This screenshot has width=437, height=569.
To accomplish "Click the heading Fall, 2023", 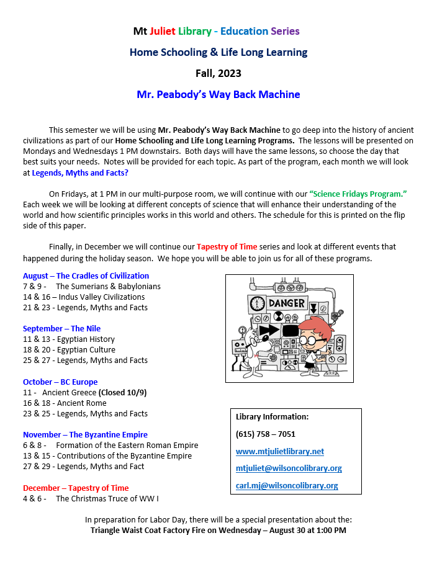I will tap(218, 73).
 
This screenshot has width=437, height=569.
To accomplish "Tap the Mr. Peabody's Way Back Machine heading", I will tap(218, 95).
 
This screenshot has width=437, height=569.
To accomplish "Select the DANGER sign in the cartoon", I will tap(287, 303).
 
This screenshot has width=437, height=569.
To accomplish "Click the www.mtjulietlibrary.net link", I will tap(280, 451).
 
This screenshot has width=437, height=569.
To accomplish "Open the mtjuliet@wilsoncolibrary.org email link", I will tap(289, 468).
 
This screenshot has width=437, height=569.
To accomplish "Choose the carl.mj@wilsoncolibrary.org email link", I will tap(287, 485).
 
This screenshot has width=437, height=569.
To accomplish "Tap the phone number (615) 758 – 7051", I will tap(266, 434).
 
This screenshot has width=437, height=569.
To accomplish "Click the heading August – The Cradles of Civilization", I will tap(86, 276).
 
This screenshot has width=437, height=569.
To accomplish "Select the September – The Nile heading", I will tap(61, 328).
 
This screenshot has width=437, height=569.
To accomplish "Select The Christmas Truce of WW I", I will tap(111, 498).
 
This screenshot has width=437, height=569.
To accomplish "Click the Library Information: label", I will tap(272, 416).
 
